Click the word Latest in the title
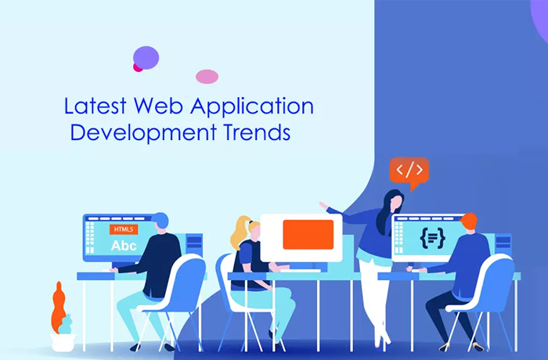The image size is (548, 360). coord(95,106)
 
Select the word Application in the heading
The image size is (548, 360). coord(252,107)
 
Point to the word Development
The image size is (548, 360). coord(143,133)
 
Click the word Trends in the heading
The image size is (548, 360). coord(257,132)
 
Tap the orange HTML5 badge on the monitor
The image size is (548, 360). coord(124,229)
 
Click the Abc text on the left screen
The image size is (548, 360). coord(124,246)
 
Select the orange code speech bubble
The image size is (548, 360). coord(409,171)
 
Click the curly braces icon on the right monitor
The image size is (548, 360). coord(433,239)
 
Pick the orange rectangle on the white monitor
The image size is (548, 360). coord(308,235)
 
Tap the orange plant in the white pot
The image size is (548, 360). coord(59,308)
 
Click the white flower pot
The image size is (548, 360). coord(63,343)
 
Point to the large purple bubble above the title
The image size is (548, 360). coord(146,58)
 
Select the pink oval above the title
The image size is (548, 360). coord(207,77)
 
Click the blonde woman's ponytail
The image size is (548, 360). coord(240,231)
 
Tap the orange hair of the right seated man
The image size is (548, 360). coord(470,220)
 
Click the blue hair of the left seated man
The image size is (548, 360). coord(160,219)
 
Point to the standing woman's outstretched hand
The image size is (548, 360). coord(323,206)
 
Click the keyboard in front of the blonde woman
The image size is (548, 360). coord(301,271)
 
